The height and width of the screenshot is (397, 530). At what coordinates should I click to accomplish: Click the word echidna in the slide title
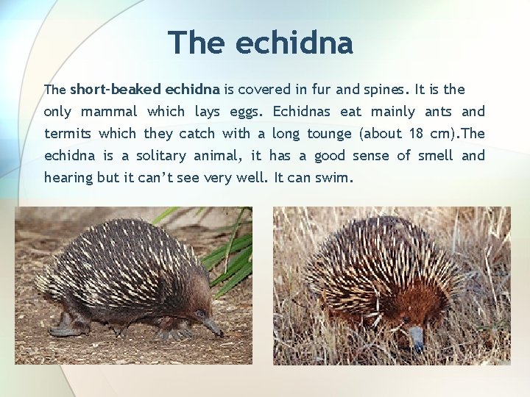click(294, 43)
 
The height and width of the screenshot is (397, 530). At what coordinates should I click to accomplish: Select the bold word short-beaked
click(116, 90)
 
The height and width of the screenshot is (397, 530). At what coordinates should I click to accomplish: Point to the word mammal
click(109, 112)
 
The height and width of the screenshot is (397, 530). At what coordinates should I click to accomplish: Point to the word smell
click(435, 156)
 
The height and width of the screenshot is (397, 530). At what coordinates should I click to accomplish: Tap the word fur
click(321, 90)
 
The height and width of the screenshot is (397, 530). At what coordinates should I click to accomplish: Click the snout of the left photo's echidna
click(213, 327)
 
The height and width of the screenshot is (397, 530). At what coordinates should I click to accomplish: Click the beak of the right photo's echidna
click(417, 338)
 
